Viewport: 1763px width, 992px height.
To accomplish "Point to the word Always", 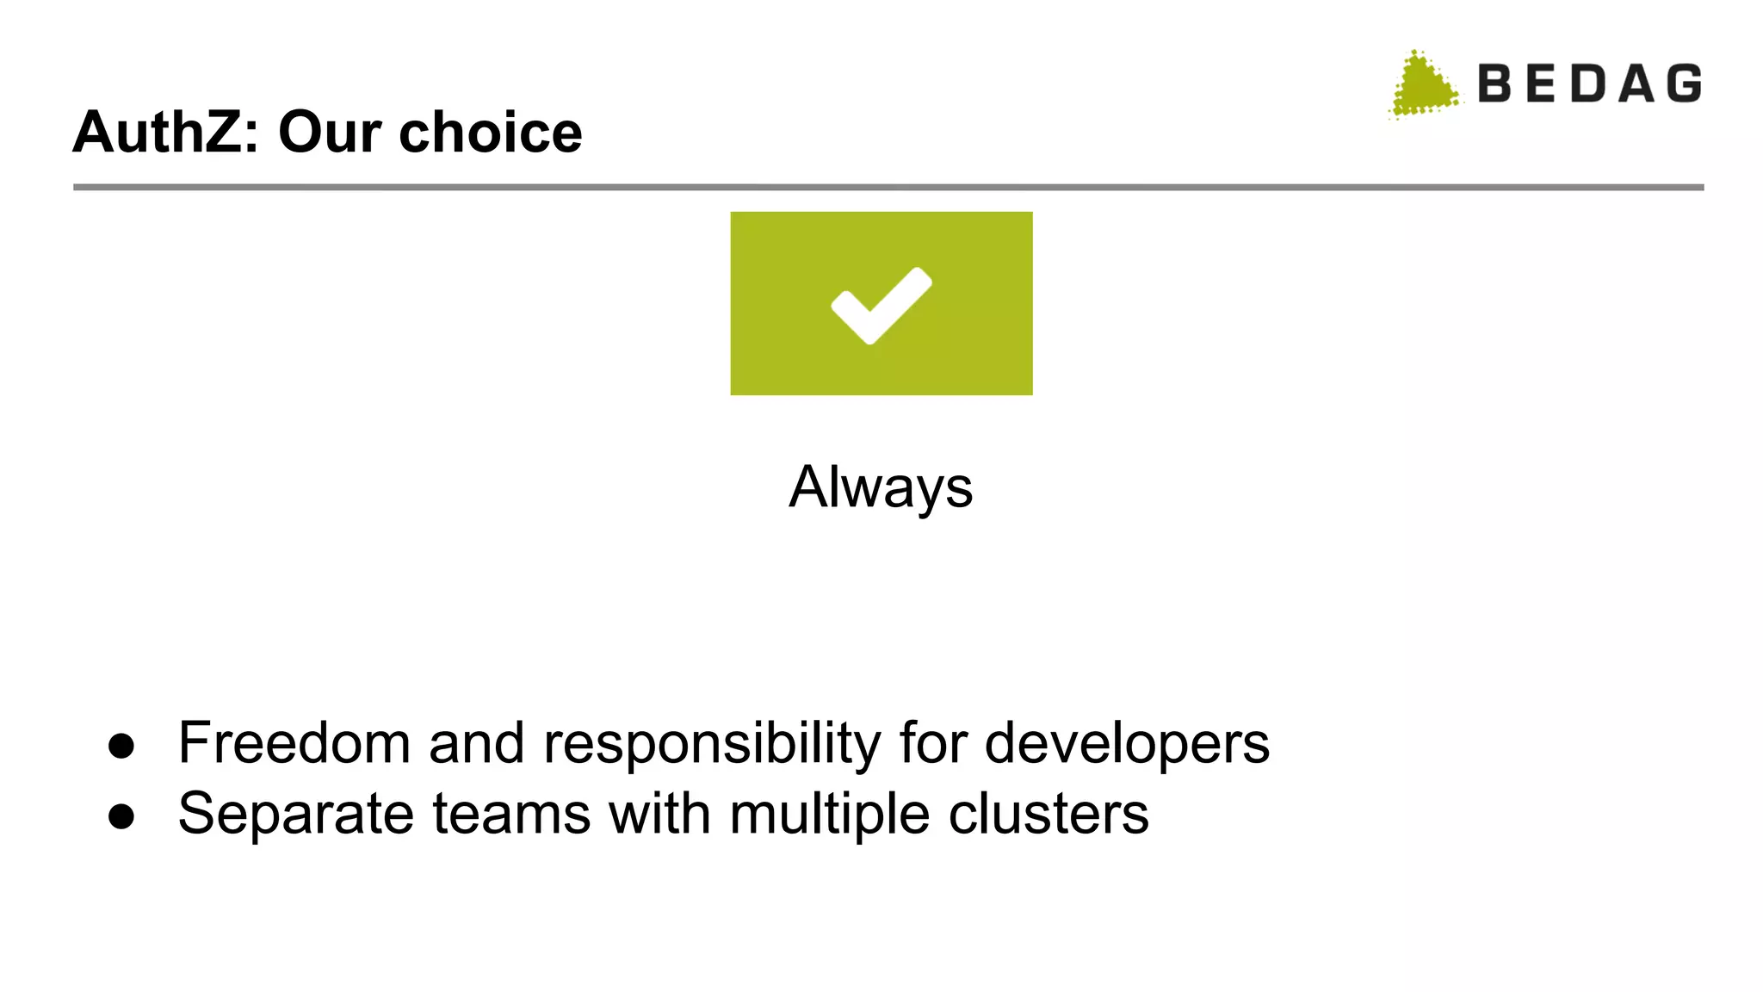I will [x=881, y=487].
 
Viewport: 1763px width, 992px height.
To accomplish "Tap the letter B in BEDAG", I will [x=1495, y=84].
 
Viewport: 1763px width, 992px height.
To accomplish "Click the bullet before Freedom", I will [x=121, y=746].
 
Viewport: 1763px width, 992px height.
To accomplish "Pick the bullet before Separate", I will [x=121, y=816].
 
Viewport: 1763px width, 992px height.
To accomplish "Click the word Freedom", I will [x=294, y=742].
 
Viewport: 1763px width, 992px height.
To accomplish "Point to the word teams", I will [x=511, y=813].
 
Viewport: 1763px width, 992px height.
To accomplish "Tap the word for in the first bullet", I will [x=932, y=742].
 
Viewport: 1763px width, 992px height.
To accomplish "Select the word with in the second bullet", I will [x=659, y=813].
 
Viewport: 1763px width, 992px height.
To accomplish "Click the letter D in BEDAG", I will [x=1588, y=84].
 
